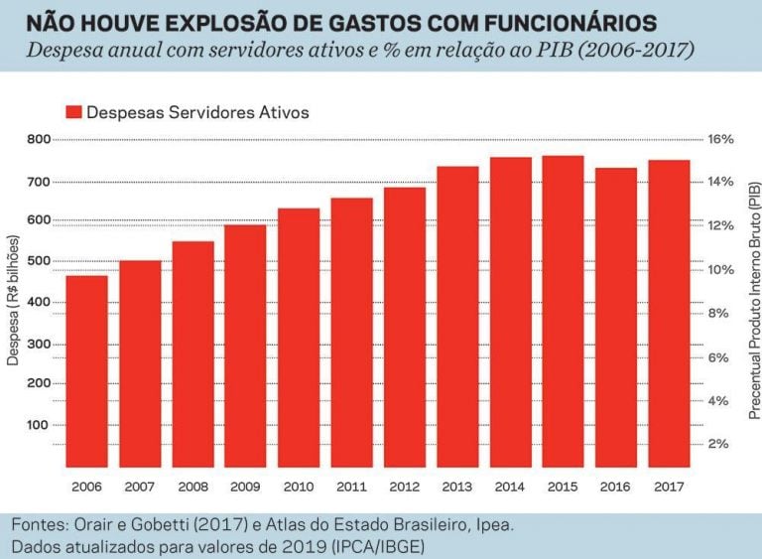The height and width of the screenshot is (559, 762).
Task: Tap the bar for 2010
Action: [x=298, y=338]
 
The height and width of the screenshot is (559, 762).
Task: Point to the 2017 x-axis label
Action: [x=669, y=487]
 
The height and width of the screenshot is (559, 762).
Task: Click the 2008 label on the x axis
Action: [x=192, y=487]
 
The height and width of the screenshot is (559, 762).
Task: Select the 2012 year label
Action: [x=404, y=487]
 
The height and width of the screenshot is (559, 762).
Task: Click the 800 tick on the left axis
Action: [x=39, y=139]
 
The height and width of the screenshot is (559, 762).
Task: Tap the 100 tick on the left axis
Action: [x=39, y=425]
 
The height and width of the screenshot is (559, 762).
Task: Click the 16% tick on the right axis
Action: [x=719, y=139]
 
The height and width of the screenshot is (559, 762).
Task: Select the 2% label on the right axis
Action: [x=720, y=444]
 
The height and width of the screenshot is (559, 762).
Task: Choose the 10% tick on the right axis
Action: [x=719, y=270]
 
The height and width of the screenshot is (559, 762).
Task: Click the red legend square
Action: [x=72, y=112]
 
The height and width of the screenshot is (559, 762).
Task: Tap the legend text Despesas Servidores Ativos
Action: [x=197, y=112]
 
